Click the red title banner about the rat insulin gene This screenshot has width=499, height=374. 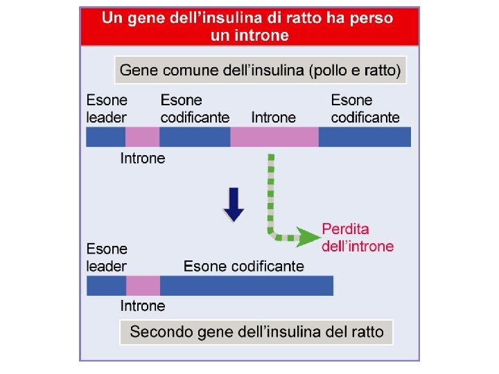point(249,26)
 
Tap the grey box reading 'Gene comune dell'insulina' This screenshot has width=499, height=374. point(260,70)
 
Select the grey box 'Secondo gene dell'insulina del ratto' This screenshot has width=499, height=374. point(256,332)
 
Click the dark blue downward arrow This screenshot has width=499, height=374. point(234,204)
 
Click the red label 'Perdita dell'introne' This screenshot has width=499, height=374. point(358,238)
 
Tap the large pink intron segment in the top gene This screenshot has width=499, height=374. point(274,137)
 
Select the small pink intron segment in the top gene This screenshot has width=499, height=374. point(142,137)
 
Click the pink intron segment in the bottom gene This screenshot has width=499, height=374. point(143,285)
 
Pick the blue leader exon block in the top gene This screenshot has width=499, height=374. point(105,137)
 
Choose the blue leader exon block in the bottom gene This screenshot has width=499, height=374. point(106,285)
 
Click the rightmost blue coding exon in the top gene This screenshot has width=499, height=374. point(365,137)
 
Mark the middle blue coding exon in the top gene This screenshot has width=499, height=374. point(195,137)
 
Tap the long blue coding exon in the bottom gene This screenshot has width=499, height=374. point(247,285)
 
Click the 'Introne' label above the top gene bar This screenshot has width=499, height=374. point(273,118)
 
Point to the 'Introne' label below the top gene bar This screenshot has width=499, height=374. point(143,159)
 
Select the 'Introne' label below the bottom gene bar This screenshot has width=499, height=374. point(143,306)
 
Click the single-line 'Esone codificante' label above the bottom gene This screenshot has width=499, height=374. point(243,266)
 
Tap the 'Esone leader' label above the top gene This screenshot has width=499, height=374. point(107,109)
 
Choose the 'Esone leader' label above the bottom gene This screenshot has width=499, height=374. point(107,257)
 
